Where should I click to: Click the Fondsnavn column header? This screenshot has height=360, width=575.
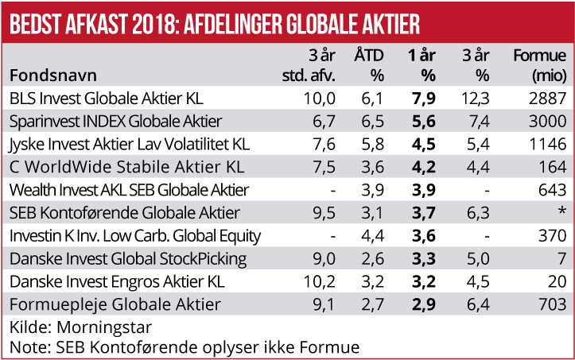pyautogui.click(x=52, y=75)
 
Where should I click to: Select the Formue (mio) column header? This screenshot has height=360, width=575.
pyautogui.click(x=541, y=66)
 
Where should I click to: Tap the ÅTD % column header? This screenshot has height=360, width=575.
pyautogui.click(x=370, y=66)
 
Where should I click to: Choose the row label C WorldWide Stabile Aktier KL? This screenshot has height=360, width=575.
pyautogui.click(x=126, y=168)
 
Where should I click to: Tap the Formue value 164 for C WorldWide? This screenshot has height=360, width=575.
pyautogui.click(x=555, y=168)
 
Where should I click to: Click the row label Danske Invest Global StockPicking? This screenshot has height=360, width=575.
pyautogui.click(x=128, y=259)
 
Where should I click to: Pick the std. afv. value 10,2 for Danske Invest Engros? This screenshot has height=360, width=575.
pyautogui.click(x=321, y=282)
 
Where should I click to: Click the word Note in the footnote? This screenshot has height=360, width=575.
pyautogui.click(x=25, y=346)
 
